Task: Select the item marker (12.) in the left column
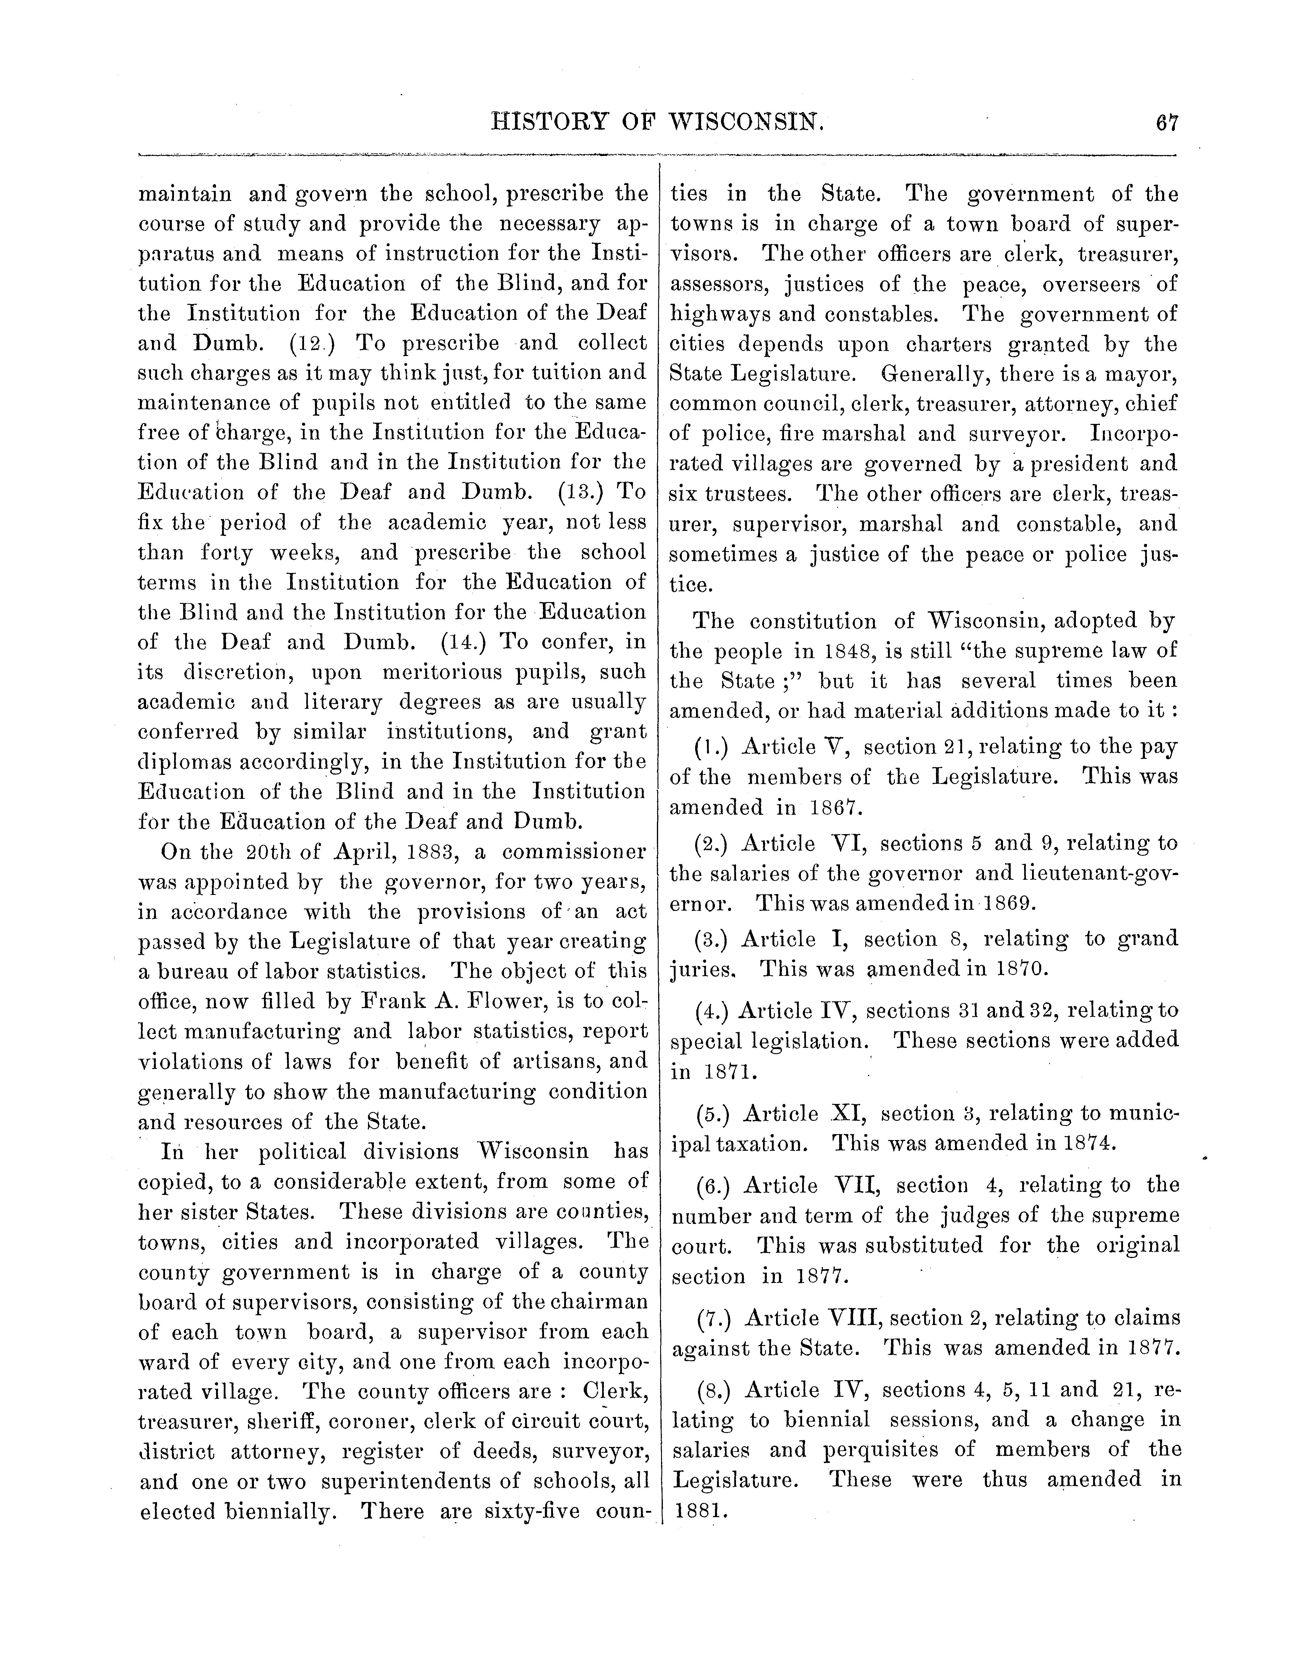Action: [x=313, y=343]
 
